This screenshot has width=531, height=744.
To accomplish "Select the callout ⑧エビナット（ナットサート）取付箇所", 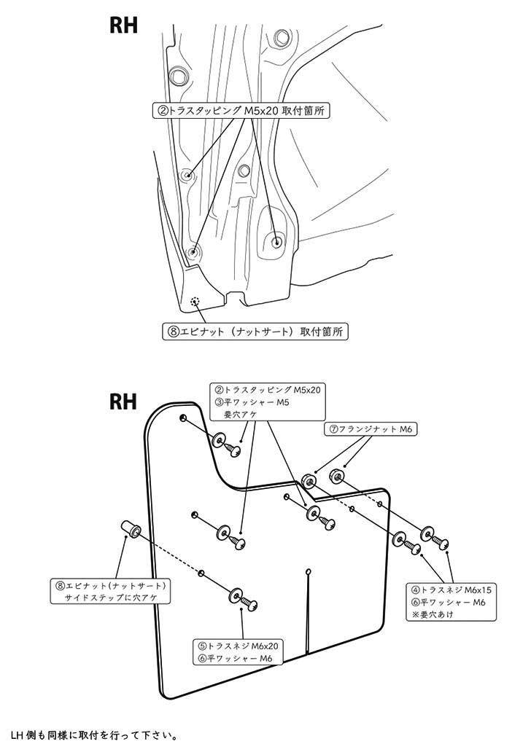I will [x=255, y=331].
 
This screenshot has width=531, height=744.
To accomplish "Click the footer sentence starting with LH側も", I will [x=95, y=734].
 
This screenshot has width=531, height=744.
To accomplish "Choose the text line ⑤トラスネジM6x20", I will [x=238, y=645].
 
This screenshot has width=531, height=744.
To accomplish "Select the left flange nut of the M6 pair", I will [x=309, y=479].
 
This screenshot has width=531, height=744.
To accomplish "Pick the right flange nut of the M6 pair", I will [x=337, y=477].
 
